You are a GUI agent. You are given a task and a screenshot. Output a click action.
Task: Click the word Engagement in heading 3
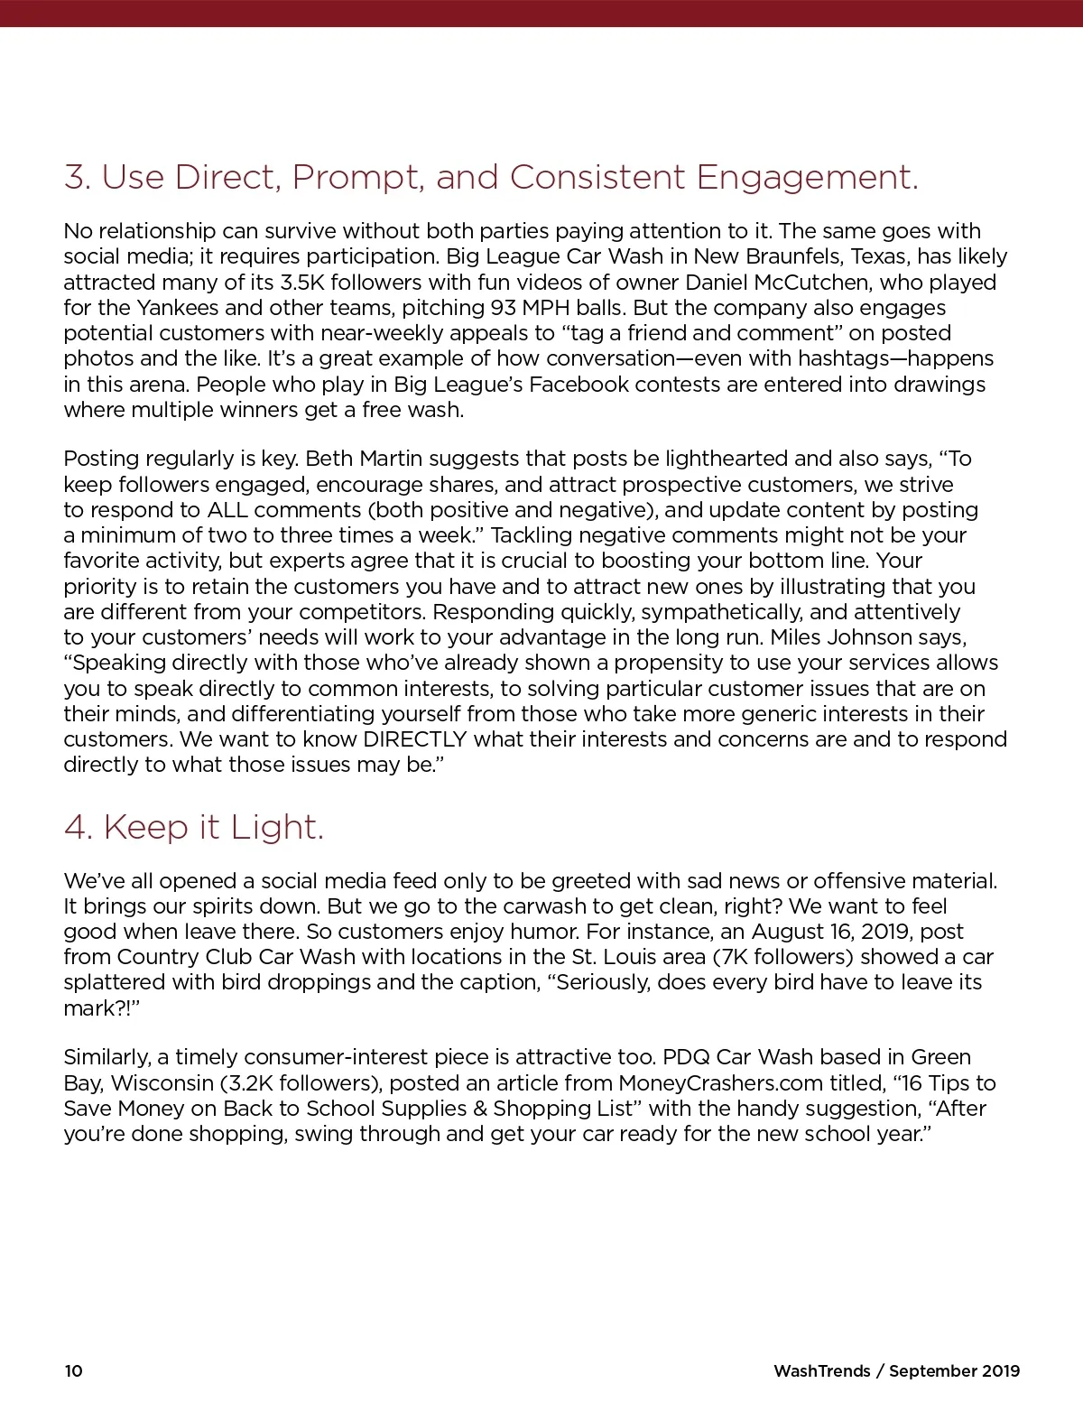click(x=807, y=178)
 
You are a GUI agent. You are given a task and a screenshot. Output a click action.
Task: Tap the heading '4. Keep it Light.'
click(x=193, y=827)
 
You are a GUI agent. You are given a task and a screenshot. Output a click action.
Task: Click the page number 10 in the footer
click(x=73, y=1370)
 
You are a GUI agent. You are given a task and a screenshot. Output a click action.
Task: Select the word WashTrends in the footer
click(x=821, y=1370)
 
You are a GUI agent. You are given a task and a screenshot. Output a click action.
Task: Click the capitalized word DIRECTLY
click(x=414, y=739)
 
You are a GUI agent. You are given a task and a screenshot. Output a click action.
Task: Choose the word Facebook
click(x=579, y=385)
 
